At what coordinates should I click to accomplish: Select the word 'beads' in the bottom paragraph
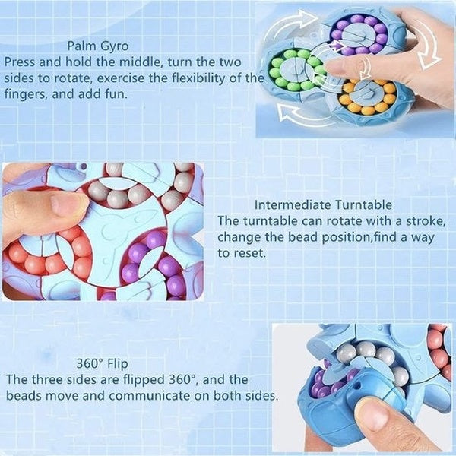click(x=24, y=396)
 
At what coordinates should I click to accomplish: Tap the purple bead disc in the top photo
click(x=356, y=33)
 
